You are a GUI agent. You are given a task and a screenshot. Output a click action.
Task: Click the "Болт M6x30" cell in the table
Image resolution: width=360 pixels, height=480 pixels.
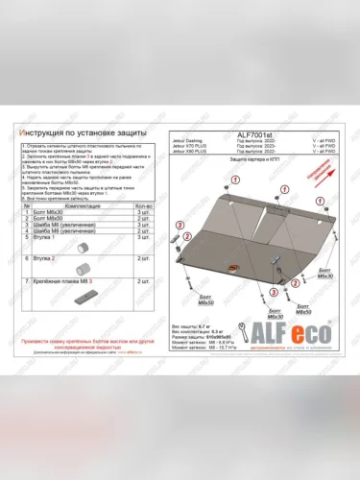pos(65,212)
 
